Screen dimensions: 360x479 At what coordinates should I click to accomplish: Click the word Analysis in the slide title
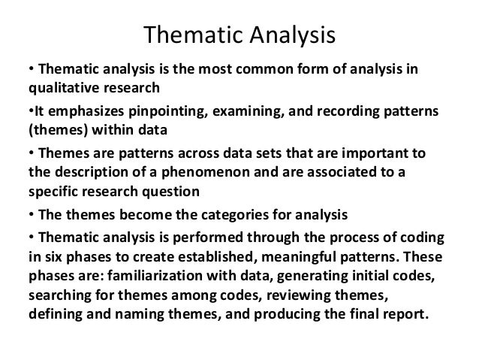pos(285,35)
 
